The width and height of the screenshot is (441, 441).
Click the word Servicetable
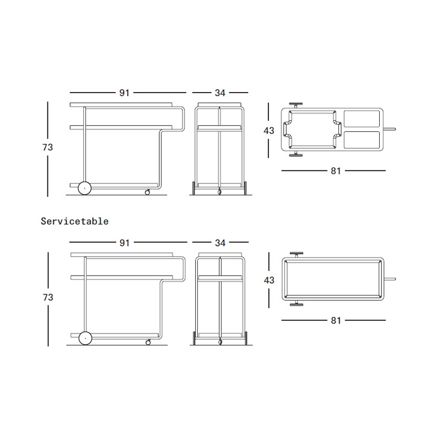[74, 222]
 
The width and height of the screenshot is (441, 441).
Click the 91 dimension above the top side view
[125, 93]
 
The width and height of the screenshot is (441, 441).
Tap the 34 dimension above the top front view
[220, 93]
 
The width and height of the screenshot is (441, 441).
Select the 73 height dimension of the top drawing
[47, 147]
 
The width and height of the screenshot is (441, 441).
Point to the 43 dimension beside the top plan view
[268, 131]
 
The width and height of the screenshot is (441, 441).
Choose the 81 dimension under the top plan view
[336, 171]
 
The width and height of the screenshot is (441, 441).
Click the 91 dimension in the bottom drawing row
[125, 243]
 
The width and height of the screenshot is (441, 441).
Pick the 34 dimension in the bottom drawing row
[220, 243]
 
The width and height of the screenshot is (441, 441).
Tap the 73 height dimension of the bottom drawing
[48, 297]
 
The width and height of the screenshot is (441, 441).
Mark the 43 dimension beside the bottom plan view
[269, 280]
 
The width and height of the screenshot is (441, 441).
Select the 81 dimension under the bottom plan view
[336, 320]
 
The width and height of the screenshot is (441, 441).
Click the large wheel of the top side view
[84, 188]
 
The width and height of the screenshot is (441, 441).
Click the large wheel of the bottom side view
[85, 338]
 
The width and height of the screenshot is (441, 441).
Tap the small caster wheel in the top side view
[147, 192]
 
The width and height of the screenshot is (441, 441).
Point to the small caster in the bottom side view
[148, 342]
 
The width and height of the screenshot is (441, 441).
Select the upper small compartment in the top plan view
[362, 119]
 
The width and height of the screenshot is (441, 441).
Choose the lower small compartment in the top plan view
[362, 140]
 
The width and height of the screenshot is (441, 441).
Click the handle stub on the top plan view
[390, 130]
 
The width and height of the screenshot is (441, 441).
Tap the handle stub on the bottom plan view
[390, 279]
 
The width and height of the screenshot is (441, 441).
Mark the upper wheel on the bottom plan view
[297, 255]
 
